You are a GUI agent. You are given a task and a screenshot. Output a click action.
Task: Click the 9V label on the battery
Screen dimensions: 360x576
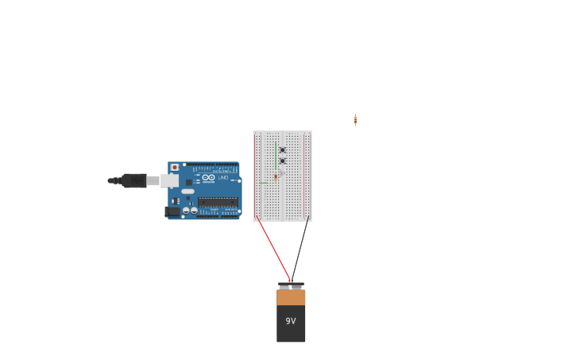pos(291,321)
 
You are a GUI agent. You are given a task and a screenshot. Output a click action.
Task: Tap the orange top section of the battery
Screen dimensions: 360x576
pos(291,297)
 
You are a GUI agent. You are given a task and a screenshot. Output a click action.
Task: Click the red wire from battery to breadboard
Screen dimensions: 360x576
pos(273,248)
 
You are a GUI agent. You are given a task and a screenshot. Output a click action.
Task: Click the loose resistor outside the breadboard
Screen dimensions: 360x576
pos(355,119)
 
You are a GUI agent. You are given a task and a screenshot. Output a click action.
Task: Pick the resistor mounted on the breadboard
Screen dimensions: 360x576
pos(276,176)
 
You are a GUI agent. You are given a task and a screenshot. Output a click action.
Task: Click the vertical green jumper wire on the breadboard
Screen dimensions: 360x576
pos(276,154)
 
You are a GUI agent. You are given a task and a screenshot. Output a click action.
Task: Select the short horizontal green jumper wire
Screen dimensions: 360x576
pos(263,183)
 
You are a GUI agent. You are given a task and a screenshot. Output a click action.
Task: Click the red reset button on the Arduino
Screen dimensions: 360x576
pos(175,168)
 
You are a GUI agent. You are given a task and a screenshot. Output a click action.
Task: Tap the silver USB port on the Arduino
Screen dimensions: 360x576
pos(169,180)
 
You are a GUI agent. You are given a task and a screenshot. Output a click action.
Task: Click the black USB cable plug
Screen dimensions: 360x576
pos(133,180)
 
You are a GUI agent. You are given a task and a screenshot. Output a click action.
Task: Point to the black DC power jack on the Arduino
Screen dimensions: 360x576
pos(172,211)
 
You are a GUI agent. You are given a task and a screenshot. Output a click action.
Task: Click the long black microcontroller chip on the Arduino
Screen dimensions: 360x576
pos(218,202)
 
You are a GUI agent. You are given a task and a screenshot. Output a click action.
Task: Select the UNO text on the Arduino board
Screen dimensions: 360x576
pos(223,178)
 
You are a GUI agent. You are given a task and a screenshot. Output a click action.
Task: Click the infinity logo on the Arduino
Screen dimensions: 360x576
pos(208,178)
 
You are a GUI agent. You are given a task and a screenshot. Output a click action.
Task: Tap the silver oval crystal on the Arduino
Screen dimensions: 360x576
pos(187,192)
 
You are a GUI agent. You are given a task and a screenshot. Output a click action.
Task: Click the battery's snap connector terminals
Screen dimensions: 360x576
pos(291,285)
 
